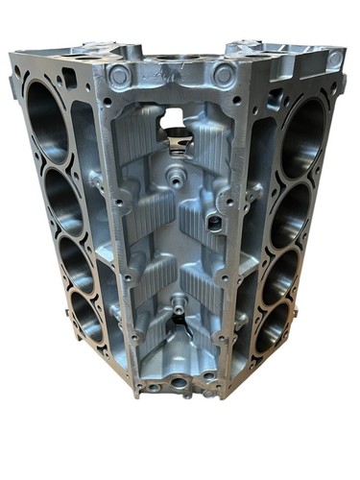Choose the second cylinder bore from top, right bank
click(x=291, y=213)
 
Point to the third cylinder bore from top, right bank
click(x=280, y=275)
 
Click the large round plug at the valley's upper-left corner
click(x=120, y=75)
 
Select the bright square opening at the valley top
click(x=174, y=118)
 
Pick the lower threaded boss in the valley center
click(x=179, y=307)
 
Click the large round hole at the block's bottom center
click(x=179, y=382)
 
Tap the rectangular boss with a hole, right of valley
click(x=215, y=222)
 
